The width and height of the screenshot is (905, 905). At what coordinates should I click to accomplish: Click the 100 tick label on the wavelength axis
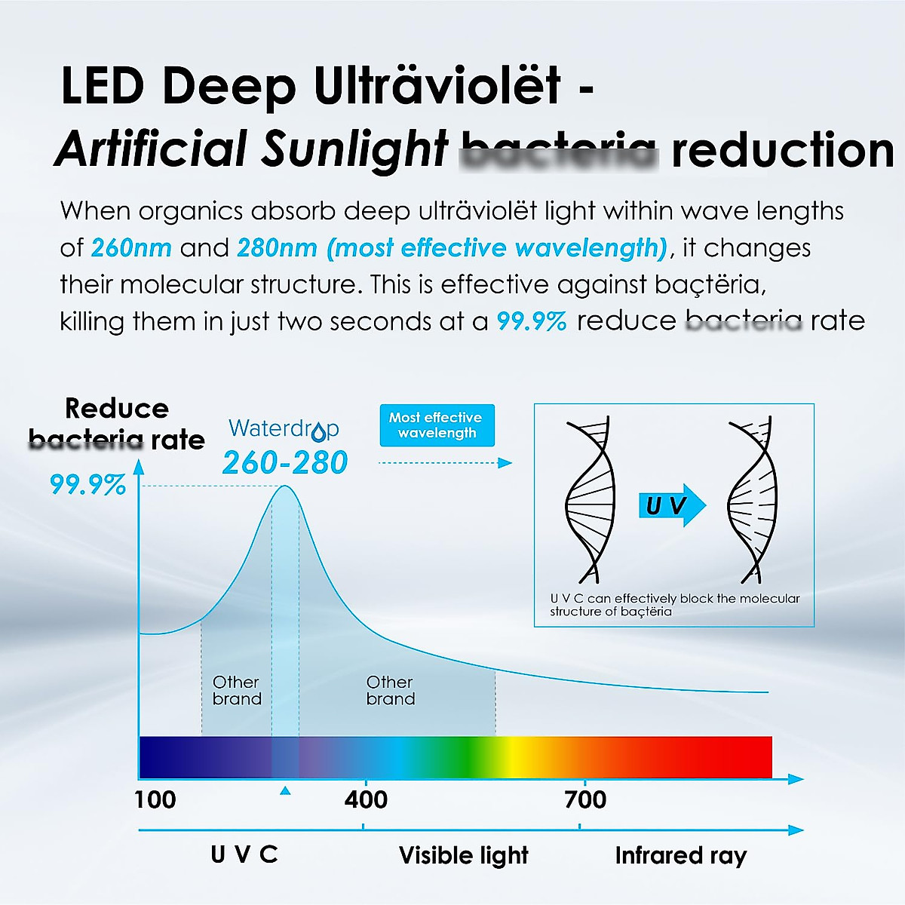pos(155,799)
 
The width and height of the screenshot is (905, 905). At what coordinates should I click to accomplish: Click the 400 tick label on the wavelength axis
pos(366,799)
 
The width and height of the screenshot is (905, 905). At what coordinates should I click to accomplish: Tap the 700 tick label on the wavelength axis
pos(585,799)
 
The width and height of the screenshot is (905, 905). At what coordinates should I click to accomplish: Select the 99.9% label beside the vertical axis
pos(87,484)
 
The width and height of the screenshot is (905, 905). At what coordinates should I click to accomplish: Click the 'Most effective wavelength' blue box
pos(437,425)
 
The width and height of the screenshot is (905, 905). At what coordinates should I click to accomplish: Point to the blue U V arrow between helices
pos(672,505)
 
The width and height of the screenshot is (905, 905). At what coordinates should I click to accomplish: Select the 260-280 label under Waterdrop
pos(285,462)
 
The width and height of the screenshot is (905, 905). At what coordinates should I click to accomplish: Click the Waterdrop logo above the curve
pos(284,429)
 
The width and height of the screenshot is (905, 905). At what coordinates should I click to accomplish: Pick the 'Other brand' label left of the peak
pos(237,690)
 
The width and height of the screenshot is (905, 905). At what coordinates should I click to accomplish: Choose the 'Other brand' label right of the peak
pos(390,690)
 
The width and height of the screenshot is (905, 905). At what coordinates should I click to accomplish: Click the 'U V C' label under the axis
pos(244,854)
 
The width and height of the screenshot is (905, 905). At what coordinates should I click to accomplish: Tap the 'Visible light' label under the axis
pos(463,855)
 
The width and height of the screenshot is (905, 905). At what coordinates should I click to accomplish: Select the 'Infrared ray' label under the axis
pos(680,855)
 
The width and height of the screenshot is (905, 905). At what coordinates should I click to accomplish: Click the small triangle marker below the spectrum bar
pos(284,790)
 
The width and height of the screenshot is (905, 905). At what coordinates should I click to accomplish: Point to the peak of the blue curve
pos(285,487)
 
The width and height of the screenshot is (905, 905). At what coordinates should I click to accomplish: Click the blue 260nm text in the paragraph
pos(131,247)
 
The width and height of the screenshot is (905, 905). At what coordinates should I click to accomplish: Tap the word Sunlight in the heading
pos(354,148)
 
